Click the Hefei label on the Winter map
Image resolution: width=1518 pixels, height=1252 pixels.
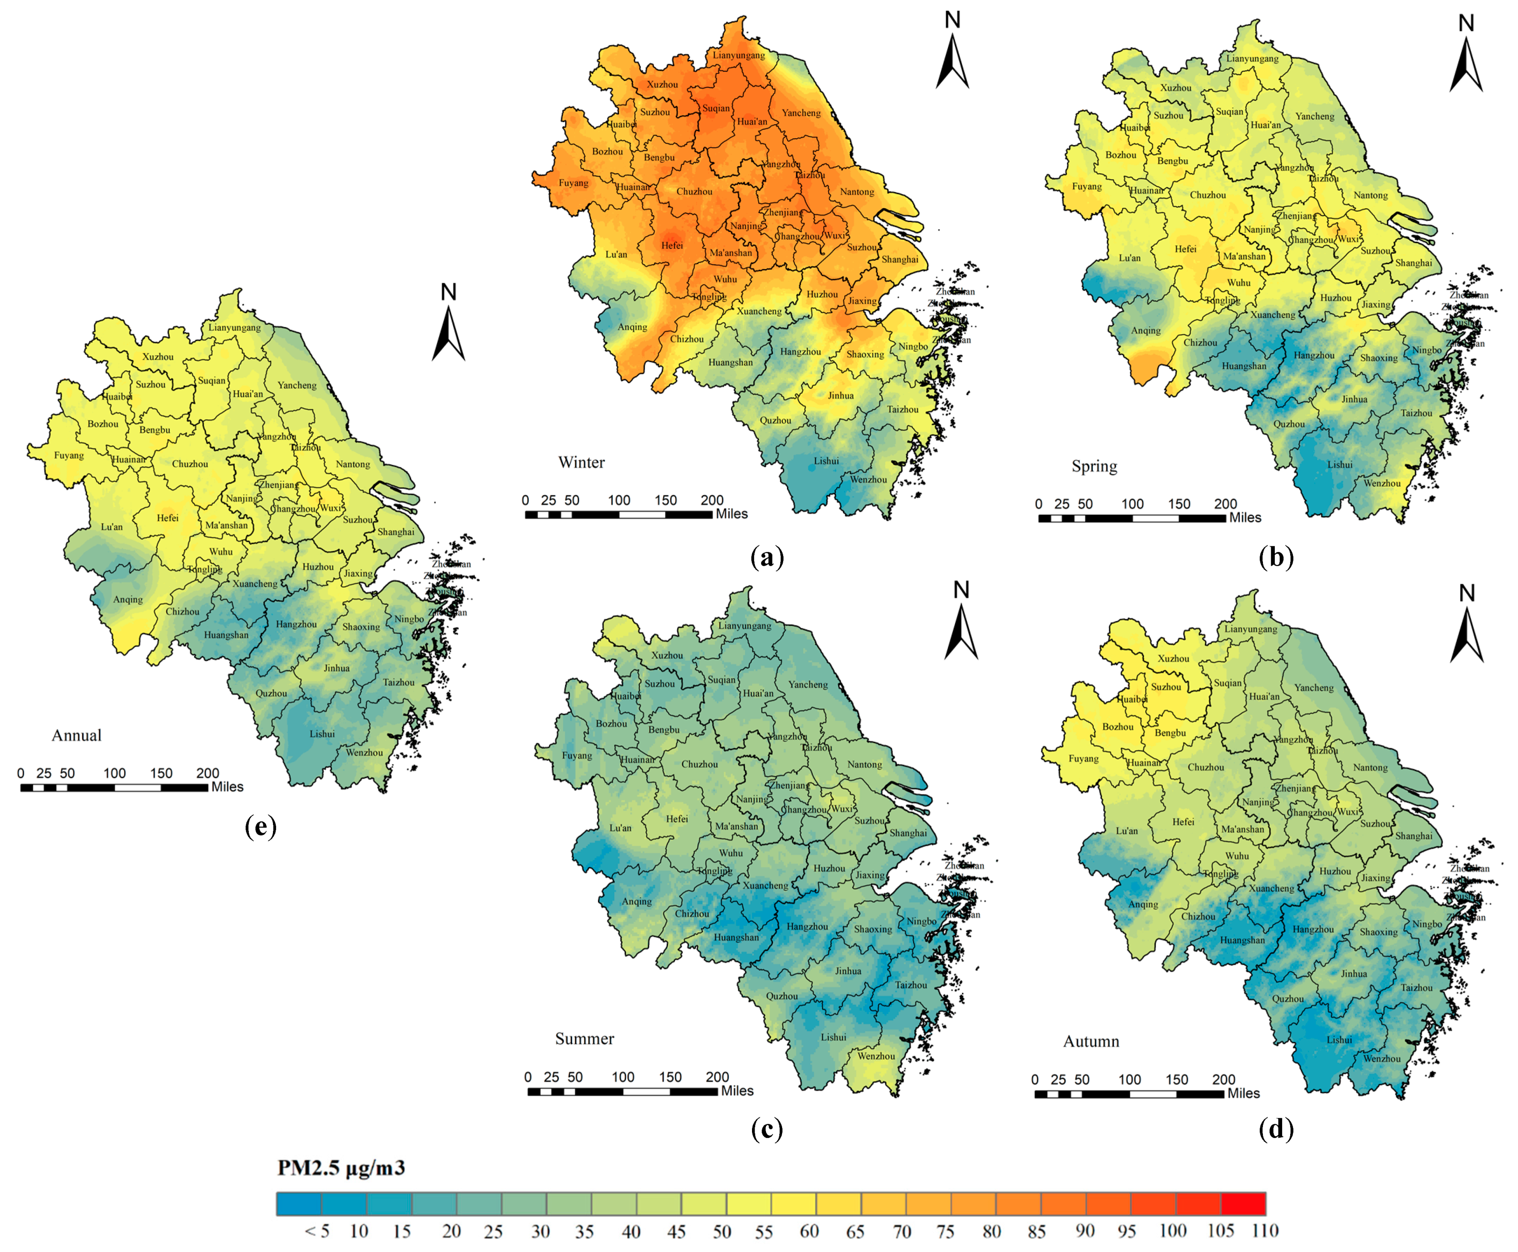pyautogui.click(x=672, y=245)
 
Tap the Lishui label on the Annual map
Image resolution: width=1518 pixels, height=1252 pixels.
pyautogui.click(x=322, y=734)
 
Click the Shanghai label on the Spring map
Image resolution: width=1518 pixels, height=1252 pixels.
pyautogui.click(x=1413, y=263)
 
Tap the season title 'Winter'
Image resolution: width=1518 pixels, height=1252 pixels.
pyautogui.click(x=581, y=462)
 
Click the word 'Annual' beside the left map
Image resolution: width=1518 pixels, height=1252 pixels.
pyautogui.click(x=77, y=736)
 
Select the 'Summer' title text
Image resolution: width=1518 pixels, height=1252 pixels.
pyautogui.click(x=584, y=1039)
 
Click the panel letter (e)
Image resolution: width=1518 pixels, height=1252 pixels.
pyautogui.click(x=260, y=827)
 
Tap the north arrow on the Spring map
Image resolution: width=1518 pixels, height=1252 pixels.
pyautogui.click(x=1466, y=54)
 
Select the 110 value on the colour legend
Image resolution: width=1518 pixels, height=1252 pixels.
pyautogui.click(x=1265, y=1231)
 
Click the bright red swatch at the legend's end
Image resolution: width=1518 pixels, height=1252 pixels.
pyautogui.click(x=1243, y=1204)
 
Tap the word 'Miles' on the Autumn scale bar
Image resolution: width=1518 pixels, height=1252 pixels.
pyautogui.click(x=1243, y=1093)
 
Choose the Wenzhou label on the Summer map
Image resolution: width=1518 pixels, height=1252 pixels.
pyautogui.click(x=876, y=1056)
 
